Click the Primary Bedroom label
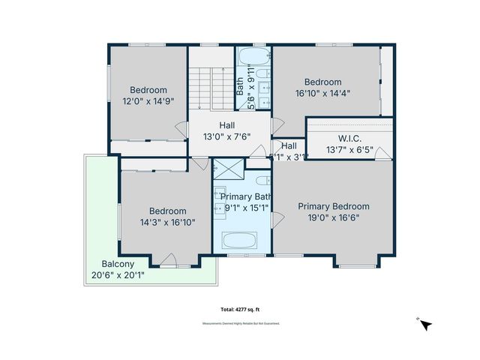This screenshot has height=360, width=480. coord(334,206)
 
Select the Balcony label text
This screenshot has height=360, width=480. coord(118,264)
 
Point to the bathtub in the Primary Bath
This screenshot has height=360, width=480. coord(240,241)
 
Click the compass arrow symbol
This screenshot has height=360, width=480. coord(425,325)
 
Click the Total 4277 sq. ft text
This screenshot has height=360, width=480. coord(239,309)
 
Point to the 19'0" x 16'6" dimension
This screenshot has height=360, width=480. coord(334,217)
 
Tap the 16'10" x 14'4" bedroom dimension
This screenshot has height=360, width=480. coord(322,94)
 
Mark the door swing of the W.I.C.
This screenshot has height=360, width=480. coord(382,154)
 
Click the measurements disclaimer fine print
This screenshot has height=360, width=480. coord(241,324)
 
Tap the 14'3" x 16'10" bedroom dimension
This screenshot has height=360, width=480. coord(166,223)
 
